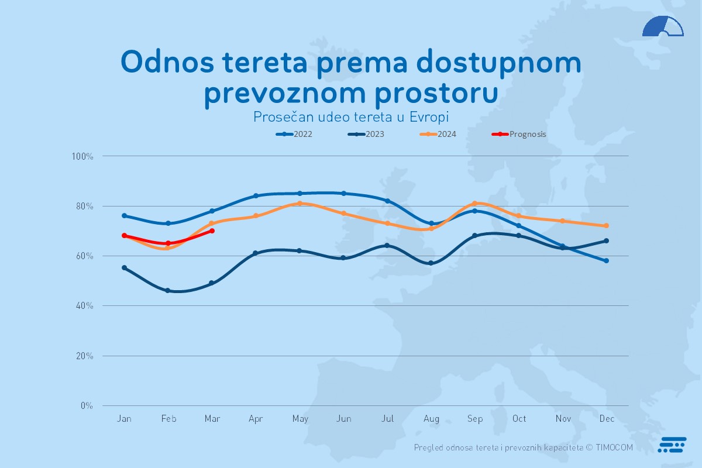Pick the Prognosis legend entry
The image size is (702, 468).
click(519, 134)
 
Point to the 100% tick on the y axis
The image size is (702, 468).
click(82, 156)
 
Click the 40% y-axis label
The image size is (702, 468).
click(84, 306)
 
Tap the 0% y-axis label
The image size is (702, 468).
click(86, 405)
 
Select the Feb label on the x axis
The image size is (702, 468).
click(168, 419)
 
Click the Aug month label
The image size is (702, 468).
click(431, 419)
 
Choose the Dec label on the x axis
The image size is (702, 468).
click(607, 419)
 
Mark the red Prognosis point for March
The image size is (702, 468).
click(212, 231)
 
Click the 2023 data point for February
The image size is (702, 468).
click(168, 291)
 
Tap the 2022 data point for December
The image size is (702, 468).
click(607, 261)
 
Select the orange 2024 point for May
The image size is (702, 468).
click(300, 204)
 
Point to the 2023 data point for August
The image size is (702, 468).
click(431, 263)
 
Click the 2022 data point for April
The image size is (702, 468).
click(256, 196)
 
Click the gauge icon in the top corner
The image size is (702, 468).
click(663, 27)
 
